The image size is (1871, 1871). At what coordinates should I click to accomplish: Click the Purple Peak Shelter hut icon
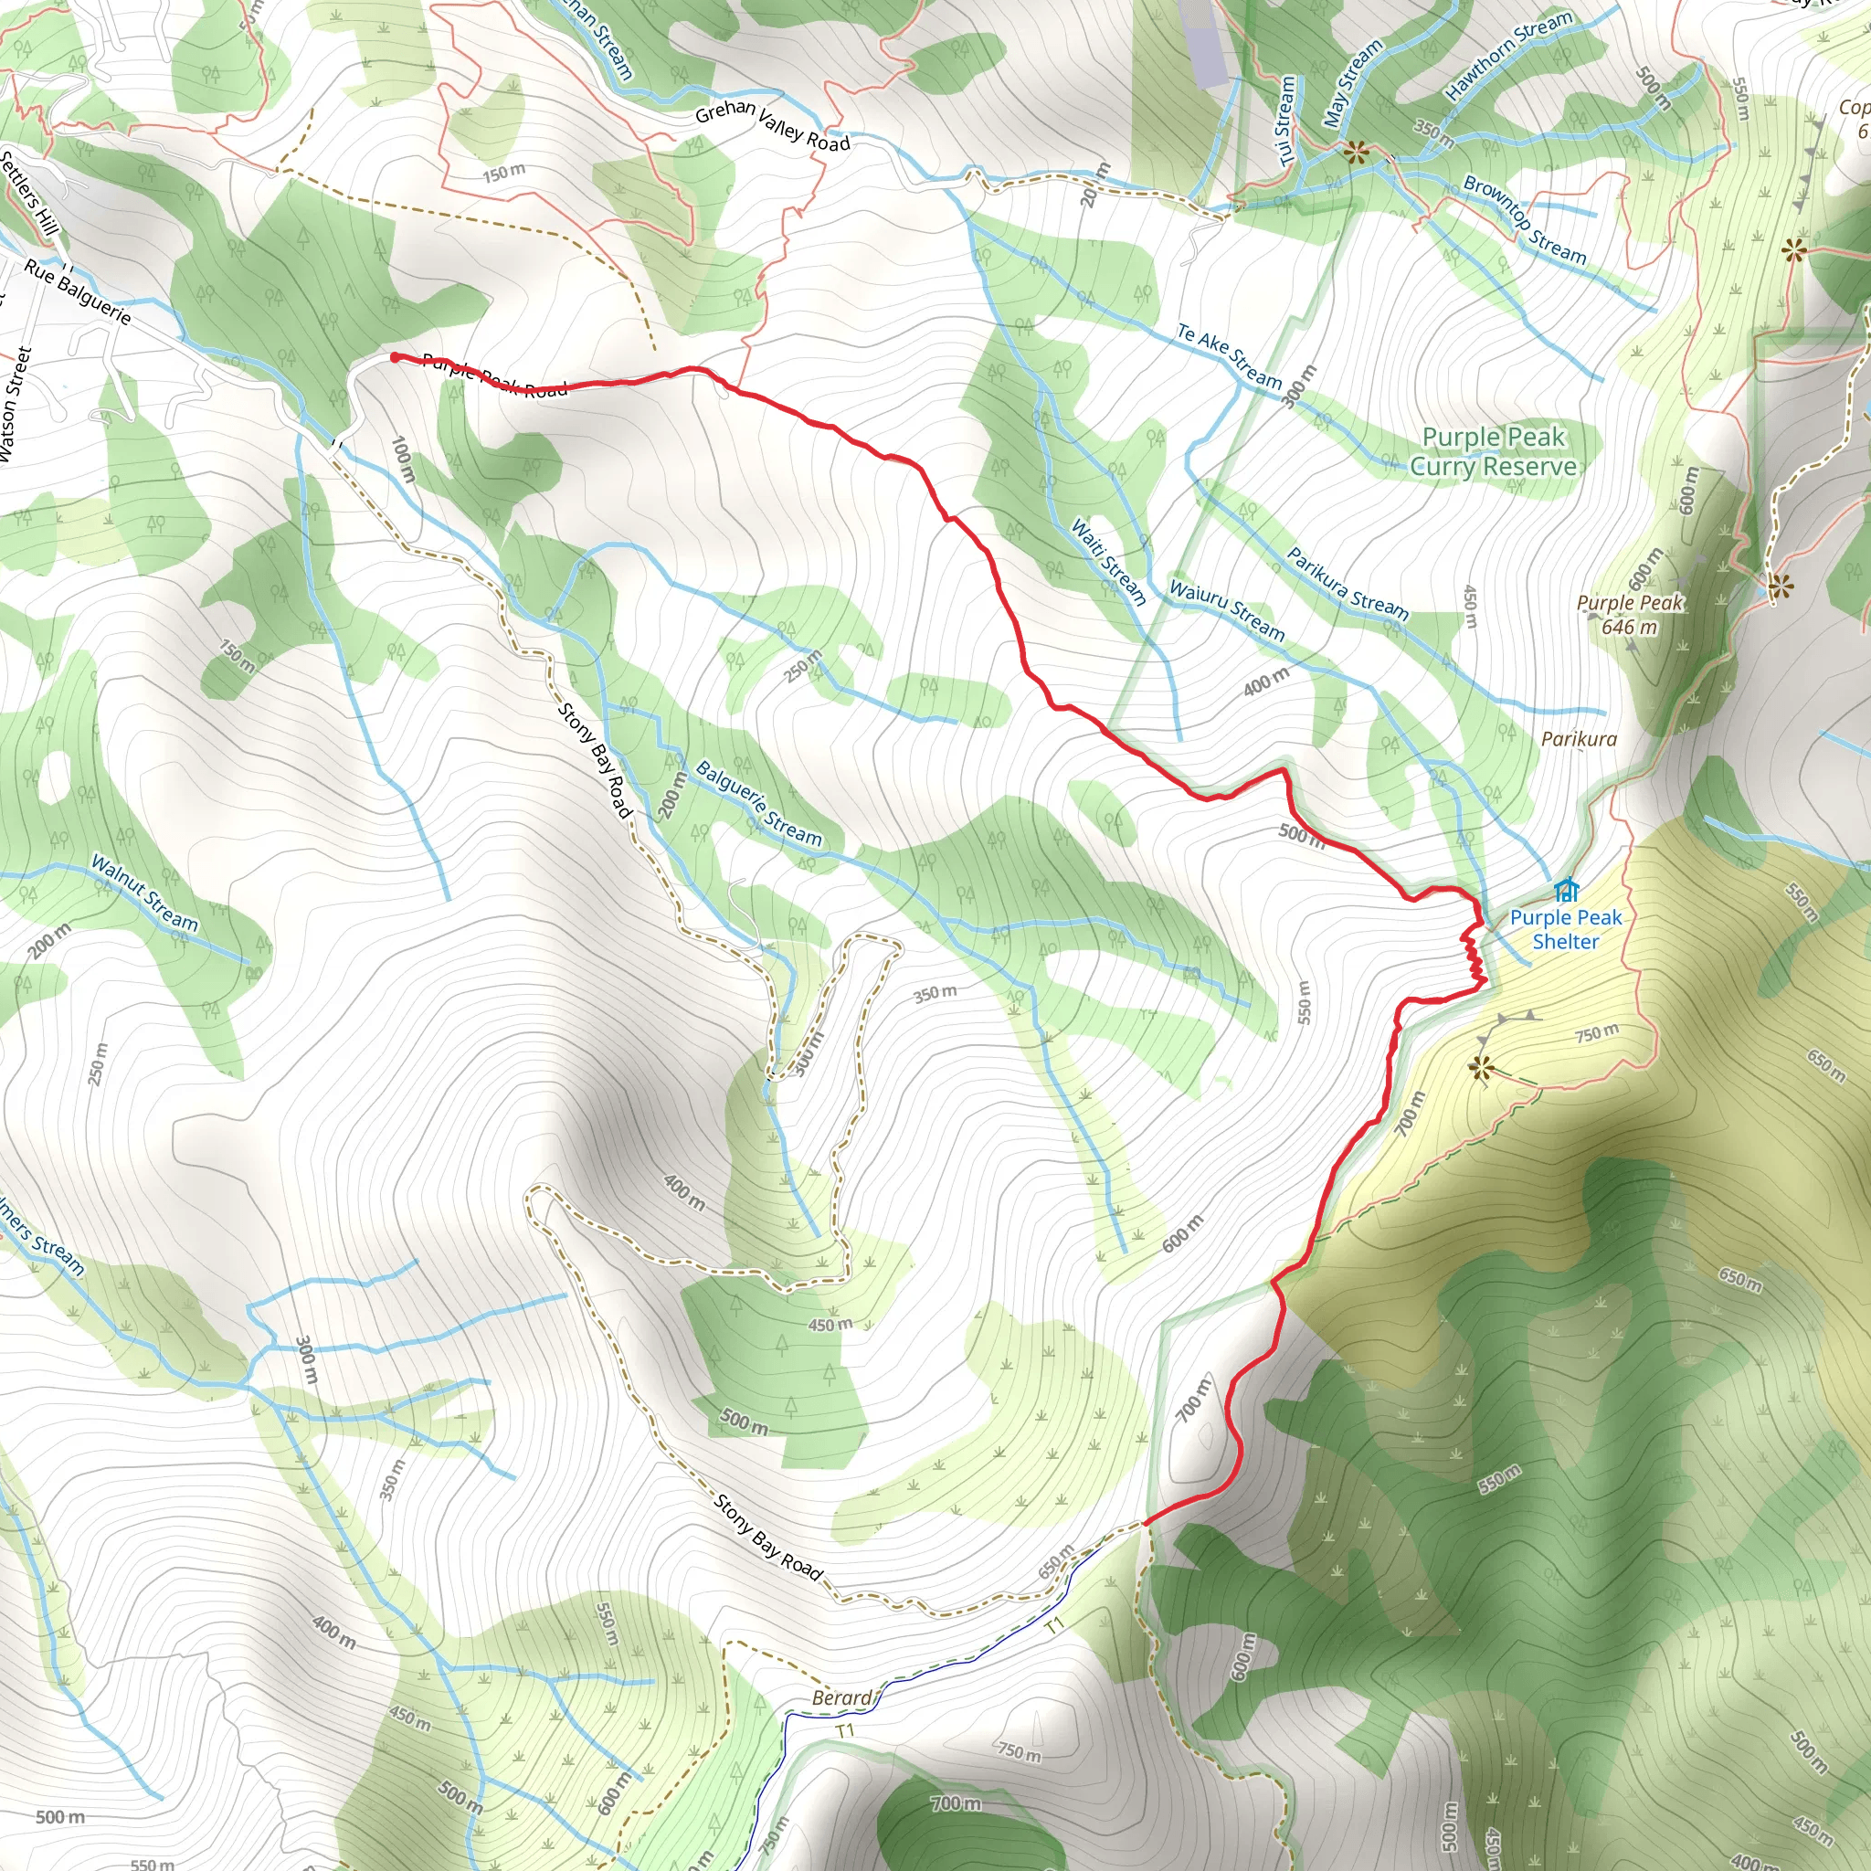1566,889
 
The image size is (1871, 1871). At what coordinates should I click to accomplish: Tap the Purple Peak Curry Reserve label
1494,452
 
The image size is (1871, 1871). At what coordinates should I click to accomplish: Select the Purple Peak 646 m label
1630,615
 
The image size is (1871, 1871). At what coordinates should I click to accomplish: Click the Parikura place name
1579,739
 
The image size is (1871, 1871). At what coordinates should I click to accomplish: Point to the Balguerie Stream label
758,805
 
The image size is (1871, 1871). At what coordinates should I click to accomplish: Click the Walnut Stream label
144,893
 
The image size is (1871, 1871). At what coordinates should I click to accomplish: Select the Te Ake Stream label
1229,356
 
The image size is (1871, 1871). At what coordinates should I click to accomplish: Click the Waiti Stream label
1109,562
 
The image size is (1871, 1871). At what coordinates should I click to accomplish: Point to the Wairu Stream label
1227,611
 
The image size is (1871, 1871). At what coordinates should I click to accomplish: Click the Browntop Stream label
1525,220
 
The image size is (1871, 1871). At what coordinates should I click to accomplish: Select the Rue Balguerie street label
78,291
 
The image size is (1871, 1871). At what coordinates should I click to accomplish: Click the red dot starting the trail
395,357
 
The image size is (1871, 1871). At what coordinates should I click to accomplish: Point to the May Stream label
1352,84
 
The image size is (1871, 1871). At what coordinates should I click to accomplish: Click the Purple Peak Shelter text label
1565,930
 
